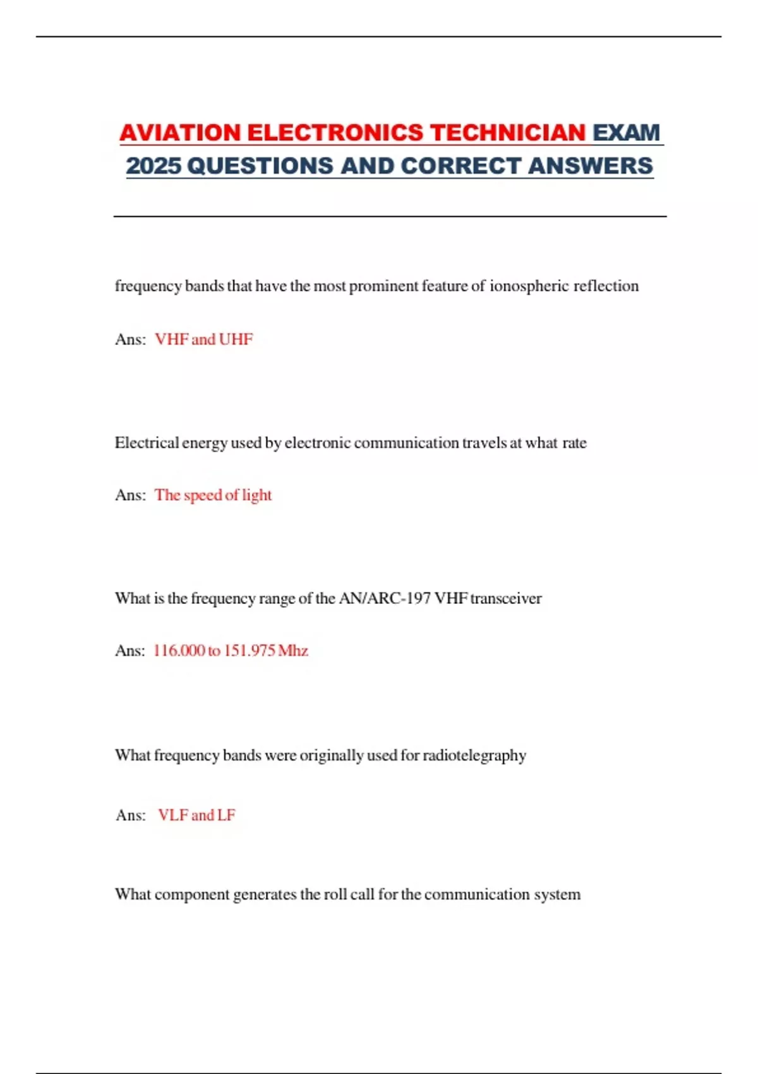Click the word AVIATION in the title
pos(180,133)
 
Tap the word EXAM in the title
pos(626,133)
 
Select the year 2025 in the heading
pos(153,166)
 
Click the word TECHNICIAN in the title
pos(508,133)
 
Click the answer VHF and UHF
pos(203,339)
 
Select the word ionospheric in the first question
pos(529,286)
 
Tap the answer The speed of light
pos(213,495)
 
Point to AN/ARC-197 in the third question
pos(385,598)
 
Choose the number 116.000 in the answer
pos(179,651)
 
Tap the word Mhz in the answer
pos(293,651)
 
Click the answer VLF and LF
pos(196,815)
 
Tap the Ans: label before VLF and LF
pos(131,815)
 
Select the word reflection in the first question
pos(606,286)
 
